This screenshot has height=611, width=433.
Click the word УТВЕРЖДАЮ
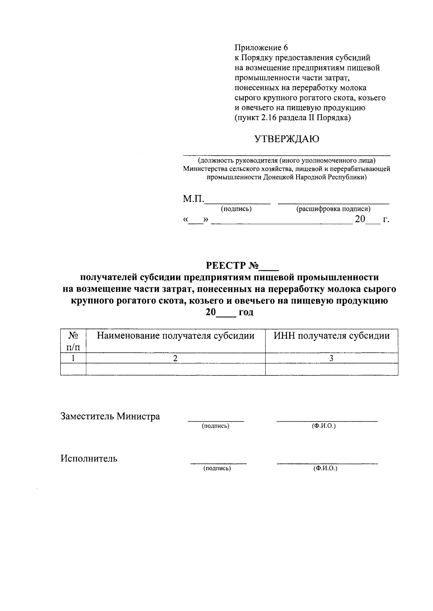tap(287, 139)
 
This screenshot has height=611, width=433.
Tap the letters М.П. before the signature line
tap(194, 199)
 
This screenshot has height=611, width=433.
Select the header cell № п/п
tap(73, 341)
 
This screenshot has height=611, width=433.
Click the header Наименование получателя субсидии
tap(175, 336)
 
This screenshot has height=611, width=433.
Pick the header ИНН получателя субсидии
tap(331, 336)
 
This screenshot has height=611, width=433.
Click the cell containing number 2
tap(175, 358)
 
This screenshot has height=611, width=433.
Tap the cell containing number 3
tap(331, 358)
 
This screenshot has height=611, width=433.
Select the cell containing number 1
tap(73, 358)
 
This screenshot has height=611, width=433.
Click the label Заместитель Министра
tap(110, 417)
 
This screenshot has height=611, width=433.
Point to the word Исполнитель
tap(89, 459)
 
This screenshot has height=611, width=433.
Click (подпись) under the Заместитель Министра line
tap(215, 426)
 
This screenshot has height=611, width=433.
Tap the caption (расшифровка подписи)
tap(333, 209)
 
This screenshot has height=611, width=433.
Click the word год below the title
tap(246, 312)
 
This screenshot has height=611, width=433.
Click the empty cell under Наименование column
tap(175, 369)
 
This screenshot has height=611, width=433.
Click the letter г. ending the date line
tap(386, 219)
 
